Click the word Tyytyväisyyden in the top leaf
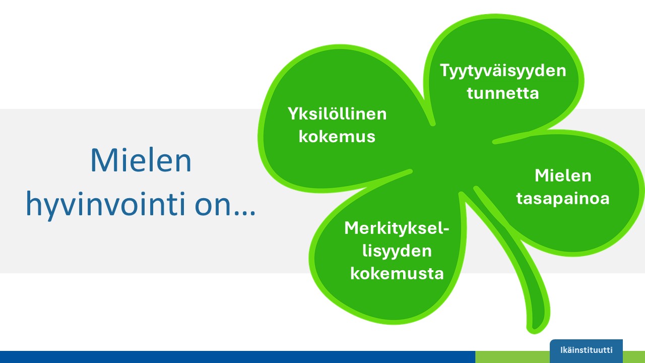503,71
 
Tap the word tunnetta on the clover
503,93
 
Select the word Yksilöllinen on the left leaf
337,114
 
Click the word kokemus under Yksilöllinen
337,137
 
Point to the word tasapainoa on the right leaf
562,198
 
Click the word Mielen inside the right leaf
562,175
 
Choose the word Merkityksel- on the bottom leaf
397,228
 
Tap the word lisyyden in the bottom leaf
397,251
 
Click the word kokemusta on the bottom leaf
397,273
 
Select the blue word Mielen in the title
141,161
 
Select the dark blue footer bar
237,357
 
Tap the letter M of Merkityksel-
352,228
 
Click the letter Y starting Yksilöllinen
293,114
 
